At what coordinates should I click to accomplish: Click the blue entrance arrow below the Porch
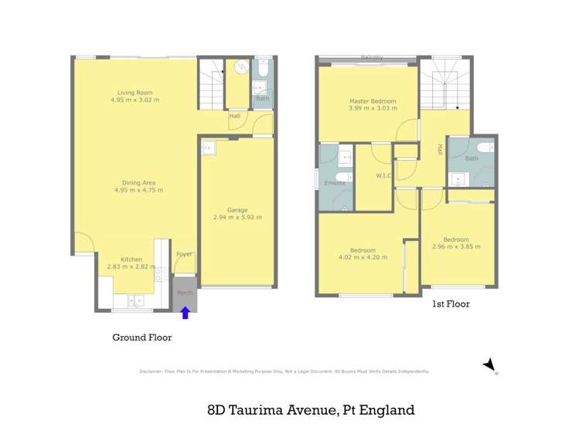(185, 312)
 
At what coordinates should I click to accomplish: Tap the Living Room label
(135, 93)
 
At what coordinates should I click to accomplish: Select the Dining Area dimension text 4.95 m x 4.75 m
(138, 190)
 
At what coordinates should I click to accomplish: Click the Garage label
(237, 209)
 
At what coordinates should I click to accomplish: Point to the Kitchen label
(131, 259)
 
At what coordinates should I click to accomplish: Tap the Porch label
(185, 293)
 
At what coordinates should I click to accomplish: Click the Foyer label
(184, 254)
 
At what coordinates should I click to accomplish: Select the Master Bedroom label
(372, 101)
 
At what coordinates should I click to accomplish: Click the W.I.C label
(384, 176)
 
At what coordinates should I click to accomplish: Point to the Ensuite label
(335, 183)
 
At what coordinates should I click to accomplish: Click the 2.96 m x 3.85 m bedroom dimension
(456, 247)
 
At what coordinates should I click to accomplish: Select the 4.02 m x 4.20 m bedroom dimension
(363, 257)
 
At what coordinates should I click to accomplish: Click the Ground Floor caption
(142, 337)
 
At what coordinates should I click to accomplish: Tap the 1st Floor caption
(451, 304)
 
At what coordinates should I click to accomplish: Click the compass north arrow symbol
(489, 364)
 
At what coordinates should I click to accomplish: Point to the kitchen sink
(135, 300)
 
